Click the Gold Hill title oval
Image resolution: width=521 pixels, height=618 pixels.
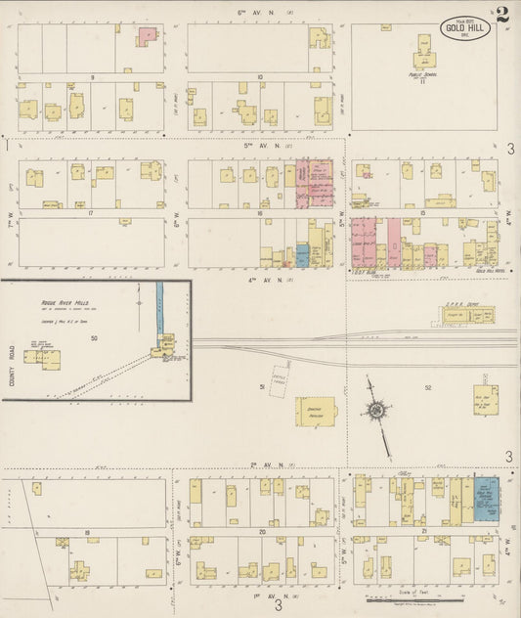464,26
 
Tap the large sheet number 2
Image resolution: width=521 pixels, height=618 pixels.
501,15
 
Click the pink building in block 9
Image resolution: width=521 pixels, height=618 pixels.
146,35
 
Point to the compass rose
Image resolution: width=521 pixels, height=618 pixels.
376,411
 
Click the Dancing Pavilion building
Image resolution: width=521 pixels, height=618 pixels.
317,411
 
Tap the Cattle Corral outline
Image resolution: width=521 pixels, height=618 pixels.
282,377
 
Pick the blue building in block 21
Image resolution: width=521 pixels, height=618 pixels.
486,497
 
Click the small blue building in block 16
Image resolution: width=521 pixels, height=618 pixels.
302,256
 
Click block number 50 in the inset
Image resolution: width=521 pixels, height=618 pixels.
94,338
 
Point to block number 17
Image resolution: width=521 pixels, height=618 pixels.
90,212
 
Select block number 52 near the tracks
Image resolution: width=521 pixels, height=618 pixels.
427,388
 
